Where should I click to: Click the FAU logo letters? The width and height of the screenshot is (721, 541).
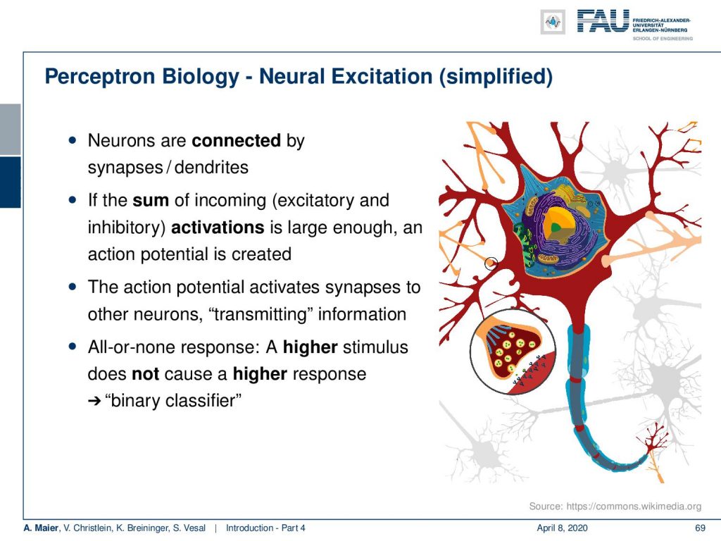603,22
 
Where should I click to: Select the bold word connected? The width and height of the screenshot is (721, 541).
236,140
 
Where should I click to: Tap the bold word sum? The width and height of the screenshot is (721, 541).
151,201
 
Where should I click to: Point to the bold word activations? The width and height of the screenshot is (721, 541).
218,228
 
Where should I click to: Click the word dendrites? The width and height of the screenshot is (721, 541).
211,167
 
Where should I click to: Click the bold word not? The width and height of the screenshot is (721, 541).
145,374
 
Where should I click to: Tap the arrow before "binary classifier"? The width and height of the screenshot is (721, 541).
94,401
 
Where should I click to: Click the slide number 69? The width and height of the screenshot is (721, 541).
700,528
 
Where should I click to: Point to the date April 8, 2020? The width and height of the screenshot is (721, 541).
562,528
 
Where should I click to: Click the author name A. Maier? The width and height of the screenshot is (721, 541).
41,528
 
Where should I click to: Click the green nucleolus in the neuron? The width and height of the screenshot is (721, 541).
556,227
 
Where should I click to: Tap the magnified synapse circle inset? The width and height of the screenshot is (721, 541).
513,352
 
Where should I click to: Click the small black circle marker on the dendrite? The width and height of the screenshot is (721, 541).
491,263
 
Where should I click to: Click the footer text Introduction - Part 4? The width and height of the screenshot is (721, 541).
265,528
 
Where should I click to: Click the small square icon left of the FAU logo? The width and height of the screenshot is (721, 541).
553,22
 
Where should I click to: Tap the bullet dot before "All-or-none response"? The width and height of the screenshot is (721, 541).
73,346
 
